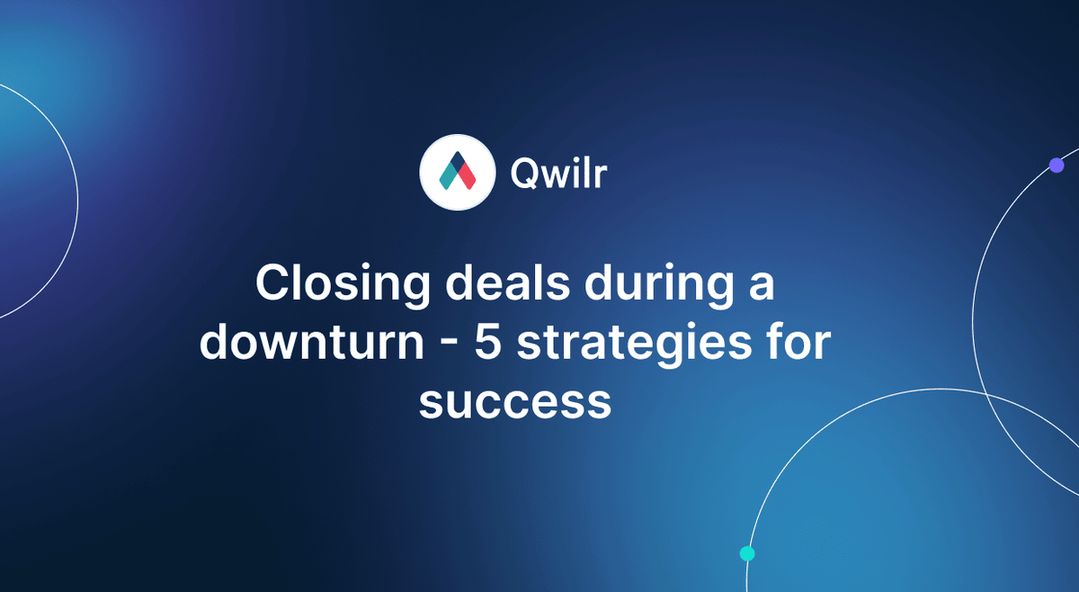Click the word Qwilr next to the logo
(558, 173)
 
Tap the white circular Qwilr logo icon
(458, 172)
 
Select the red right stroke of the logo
(466, 176)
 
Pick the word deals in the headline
(508, 283)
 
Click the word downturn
(312, 341)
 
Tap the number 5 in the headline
(488, 343)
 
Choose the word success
(515, 402)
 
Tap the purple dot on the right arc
(1057, 166)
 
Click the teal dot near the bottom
(747, 553)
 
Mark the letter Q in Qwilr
(523, 174)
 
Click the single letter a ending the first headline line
(762, 287)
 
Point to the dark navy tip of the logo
(458, 160)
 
